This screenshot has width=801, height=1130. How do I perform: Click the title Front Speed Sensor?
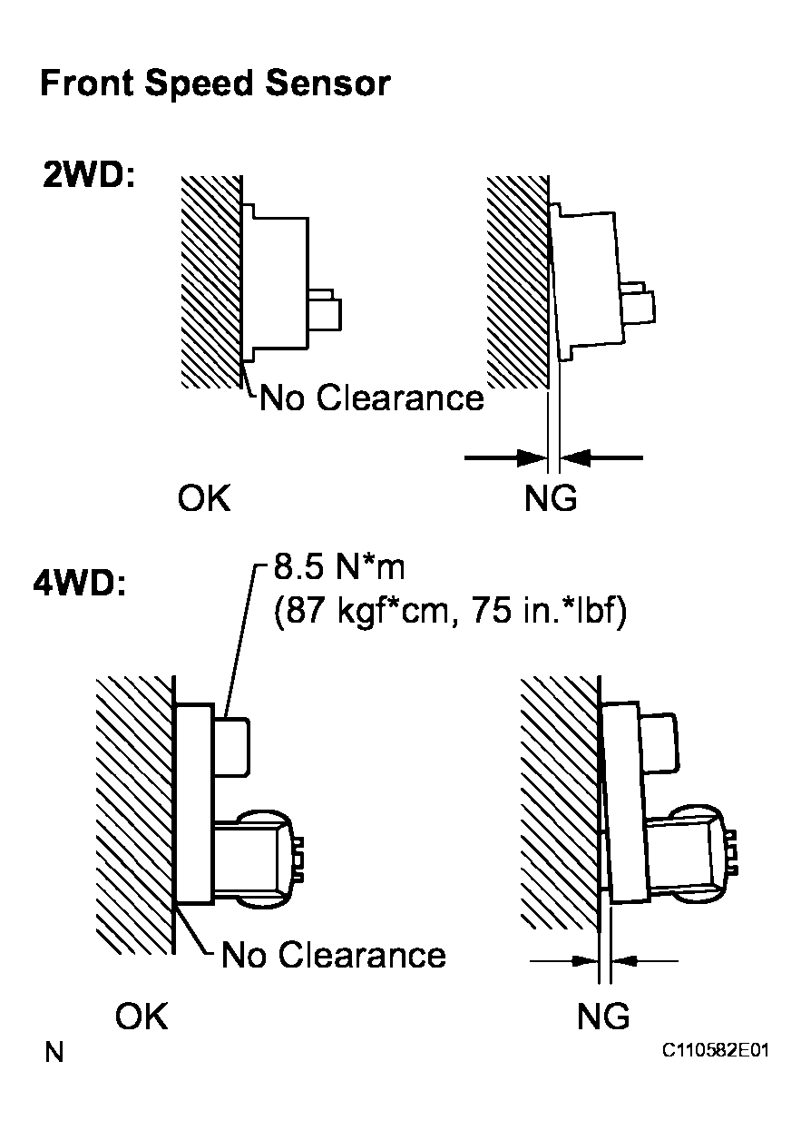[x=215, y=84]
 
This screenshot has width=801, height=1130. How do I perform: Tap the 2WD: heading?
[x=88, y=175]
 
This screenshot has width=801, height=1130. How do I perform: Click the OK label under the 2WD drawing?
[x=205, y=498]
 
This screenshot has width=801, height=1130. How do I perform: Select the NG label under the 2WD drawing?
[x=551, y=498]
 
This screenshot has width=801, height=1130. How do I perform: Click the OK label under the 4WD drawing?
[x=142, y=1017]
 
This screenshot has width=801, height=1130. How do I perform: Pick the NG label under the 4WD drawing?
[x=603, y=1017]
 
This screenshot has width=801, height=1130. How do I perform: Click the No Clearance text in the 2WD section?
[x=372, y=398]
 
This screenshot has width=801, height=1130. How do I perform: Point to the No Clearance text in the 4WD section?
[x=334, y=954]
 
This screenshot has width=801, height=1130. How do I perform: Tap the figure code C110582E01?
[x=715, y=1051]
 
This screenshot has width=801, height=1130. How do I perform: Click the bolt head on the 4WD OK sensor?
[x=234, y=744]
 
